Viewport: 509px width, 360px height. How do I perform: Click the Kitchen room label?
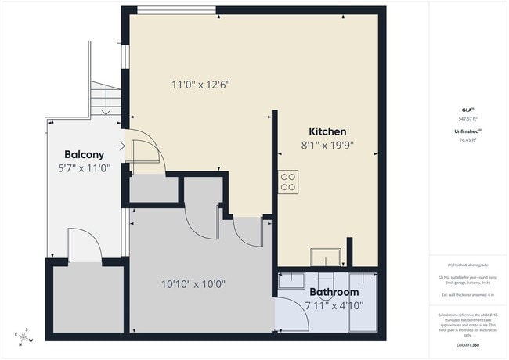pyautogui.click(x=327, y=131)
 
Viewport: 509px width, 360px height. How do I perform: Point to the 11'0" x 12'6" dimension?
pyautogui.click(x=200, y=85)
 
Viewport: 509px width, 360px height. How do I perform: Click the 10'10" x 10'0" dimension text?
pyautogui.click(x=193, y=284)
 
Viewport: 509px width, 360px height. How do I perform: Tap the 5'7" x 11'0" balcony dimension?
pyautogui.click(x=85, y=167)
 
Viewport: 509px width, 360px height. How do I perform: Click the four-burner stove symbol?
pyautogui.click(x=289, y=182)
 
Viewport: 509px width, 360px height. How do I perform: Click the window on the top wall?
pyautogui.click(x=176, y=9)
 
